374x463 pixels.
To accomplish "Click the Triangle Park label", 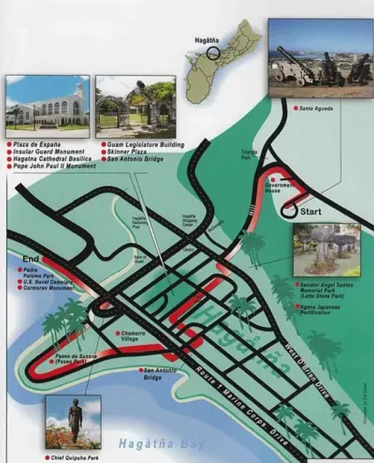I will point(249,155).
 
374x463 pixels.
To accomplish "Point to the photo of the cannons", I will point(320,58).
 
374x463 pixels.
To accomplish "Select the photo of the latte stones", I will point(326,249).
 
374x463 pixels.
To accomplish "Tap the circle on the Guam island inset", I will point(213,54).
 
